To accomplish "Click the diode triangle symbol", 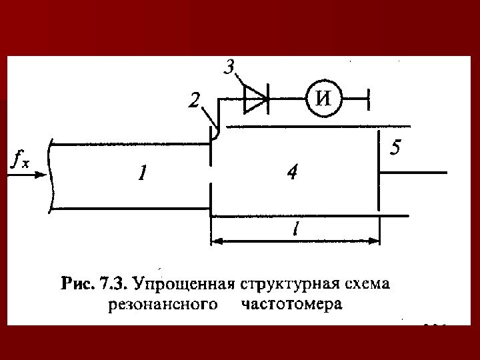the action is click(x=254, y=100).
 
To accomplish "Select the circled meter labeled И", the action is click(x=323, y=100).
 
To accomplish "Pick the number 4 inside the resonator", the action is click(x=292, y=173).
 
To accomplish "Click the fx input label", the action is click(x=19, y=161).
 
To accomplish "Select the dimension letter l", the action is click(x=294, y=229).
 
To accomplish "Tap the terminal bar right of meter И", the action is click(x=369, y=100).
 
